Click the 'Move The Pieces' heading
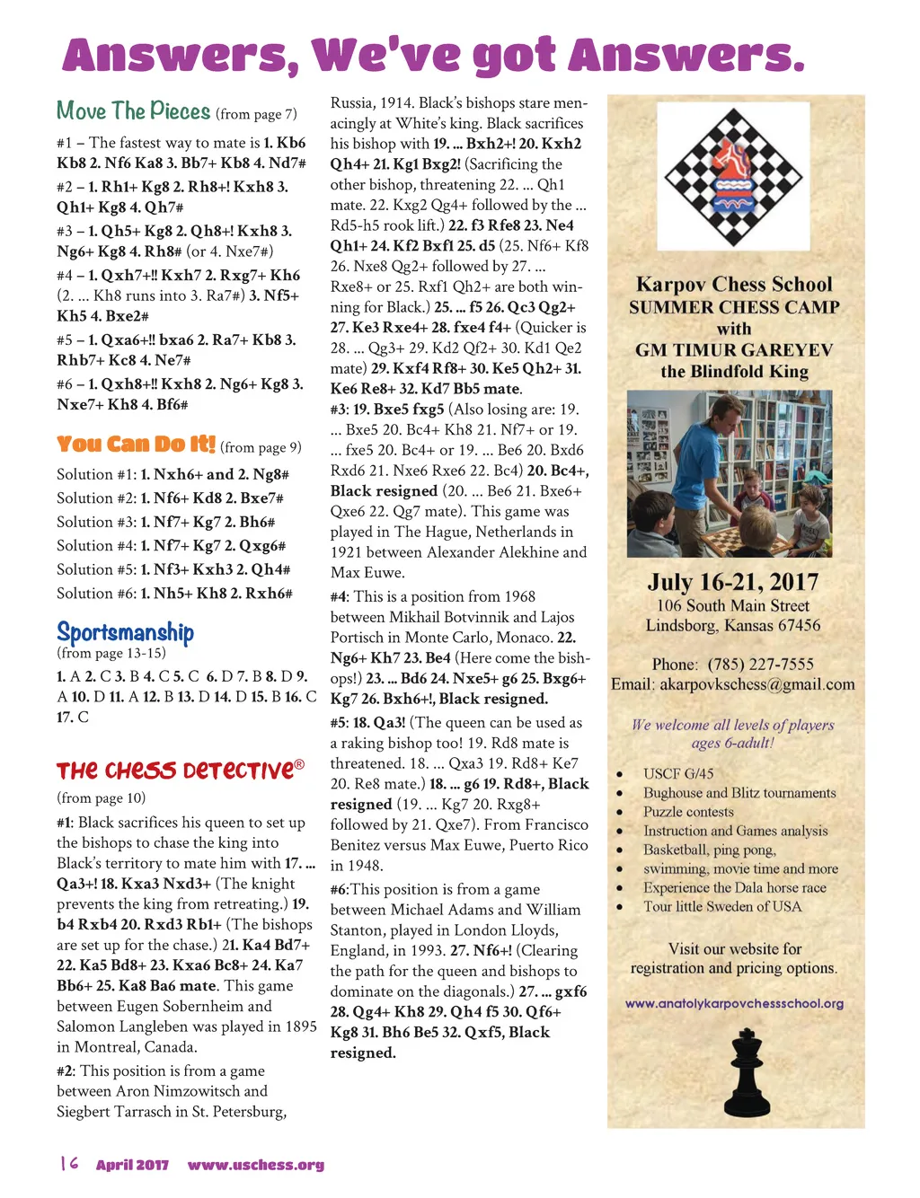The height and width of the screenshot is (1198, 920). pyautogui.click(x=133, y=111)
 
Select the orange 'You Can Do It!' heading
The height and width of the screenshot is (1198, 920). pyautogui.click(x=136, y=445)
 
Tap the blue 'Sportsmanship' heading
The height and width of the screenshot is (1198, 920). pyautogui.click(x=125, y=632)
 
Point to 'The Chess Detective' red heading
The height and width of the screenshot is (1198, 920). pyautogui.click(x=175, y=771)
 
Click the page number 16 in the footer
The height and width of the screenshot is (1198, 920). pyautogui.click(x=68, y=1164)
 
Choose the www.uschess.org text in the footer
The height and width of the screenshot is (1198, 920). pyautogui.click(x=255, y=1165)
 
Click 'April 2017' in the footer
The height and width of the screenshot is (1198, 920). pyautogui.click(x=132, y=1165)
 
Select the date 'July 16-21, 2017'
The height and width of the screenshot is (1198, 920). pyautogui.click(x=733, y=582)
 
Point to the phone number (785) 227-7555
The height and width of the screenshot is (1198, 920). pyautogui.click(x=760, y=665)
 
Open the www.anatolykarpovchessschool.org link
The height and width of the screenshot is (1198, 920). pyautogui.click(x=734, y=1004)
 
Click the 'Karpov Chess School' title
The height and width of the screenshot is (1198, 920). pyautogui.click(x=734, y=285)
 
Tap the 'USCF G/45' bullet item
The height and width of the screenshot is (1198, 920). pyautogui.click(x=678, y=773)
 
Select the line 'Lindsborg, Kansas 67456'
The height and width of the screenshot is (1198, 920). pyautogui.click(x=733, y=625)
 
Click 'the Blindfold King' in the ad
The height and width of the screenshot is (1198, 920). pyautogui.click(x=734, y=372)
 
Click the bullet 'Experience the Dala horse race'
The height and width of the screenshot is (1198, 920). pyautogui.click(x=734, y=887)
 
